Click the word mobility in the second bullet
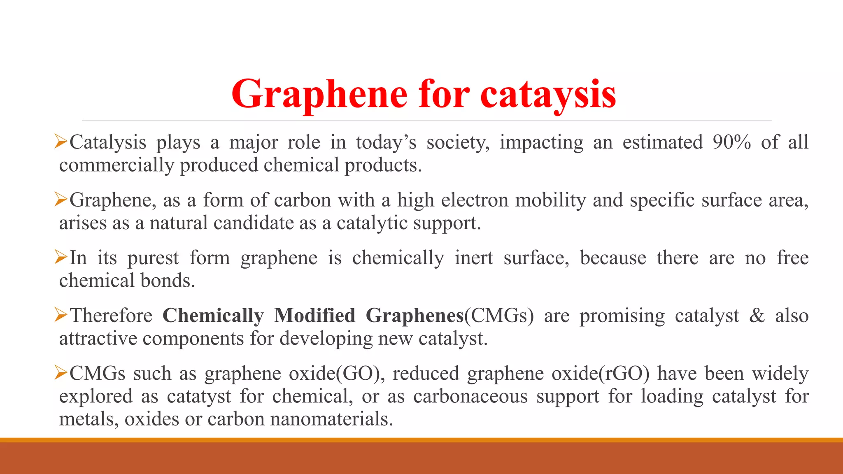click(550, 200)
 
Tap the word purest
click(153, 258)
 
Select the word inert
click(474, 258)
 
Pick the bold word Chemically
click(213, 316)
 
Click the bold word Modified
click(314, 316)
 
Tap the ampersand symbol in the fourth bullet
click(757, 316)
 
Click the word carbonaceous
click(470, 397)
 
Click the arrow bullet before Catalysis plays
click(61, 142)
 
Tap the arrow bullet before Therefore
click(61, 316)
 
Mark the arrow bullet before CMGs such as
click(61, 374)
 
